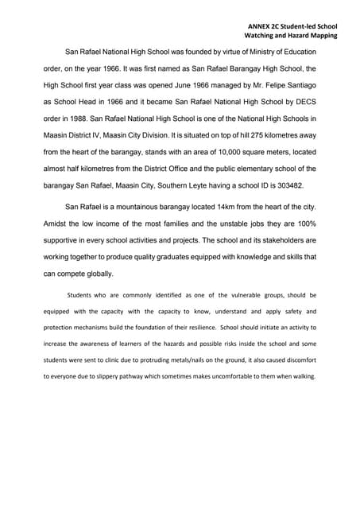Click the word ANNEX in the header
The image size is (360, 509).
(260, 25)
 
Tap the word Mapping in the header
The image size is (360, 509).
(318, 36)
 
